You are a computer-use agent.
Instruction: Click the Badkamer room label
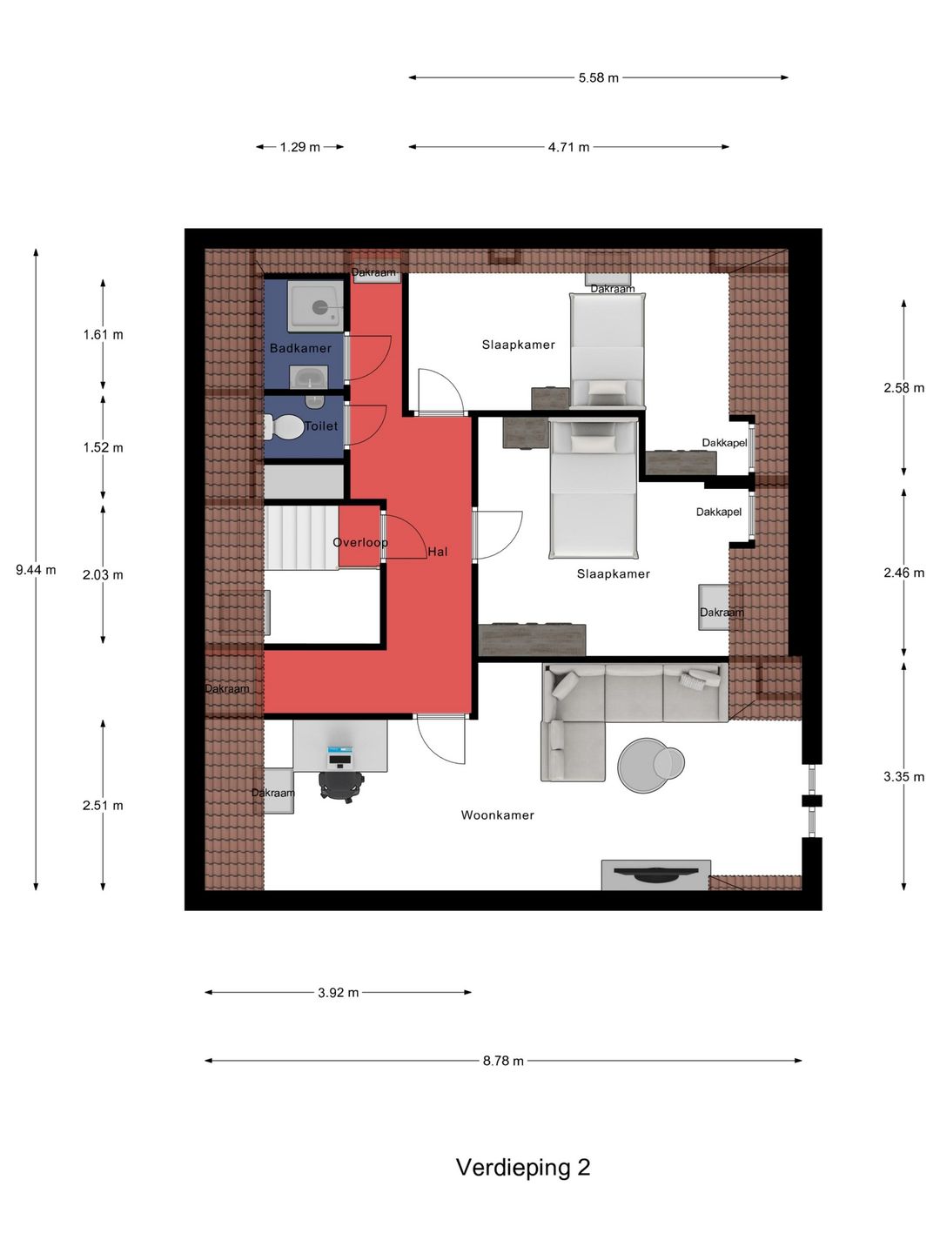coord(300,348)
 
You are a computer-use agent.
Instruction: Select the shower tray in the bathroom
coord(316,308)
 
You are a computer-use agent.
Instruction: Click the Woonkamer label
coord(497,815)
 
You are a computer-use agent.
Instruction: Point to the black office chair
coord(341,786)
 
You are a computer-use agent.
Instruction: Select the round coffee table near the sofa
coord(645,765)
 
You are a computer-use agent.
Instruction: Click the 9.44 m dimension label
coord(36,569)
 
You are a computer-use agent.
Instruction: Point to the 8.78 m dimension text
coord(503,1061)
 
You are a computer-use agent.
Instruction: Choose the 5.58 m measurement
coord(598,77)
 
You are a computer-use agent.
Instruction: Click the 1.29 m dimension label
coord(299,147)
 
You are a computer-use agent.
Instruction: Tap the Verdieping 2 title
coord(523,1167)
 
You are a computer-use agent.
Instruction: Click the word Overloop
coord(360,542)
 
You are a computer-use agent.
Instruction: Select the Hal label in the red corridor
coord(437,552)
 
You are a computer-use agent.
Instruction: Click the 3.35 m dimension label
coord(903,776)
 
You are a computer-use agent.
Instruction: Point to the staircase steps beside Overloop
coord(301,537)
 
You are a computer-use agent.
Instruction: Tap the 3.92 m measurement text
coord(338,992)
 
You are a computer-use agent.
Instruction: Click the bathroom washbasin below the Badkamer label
coord(308,377)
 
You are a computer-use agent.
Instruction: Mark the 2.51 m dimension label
coord(103,805)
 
